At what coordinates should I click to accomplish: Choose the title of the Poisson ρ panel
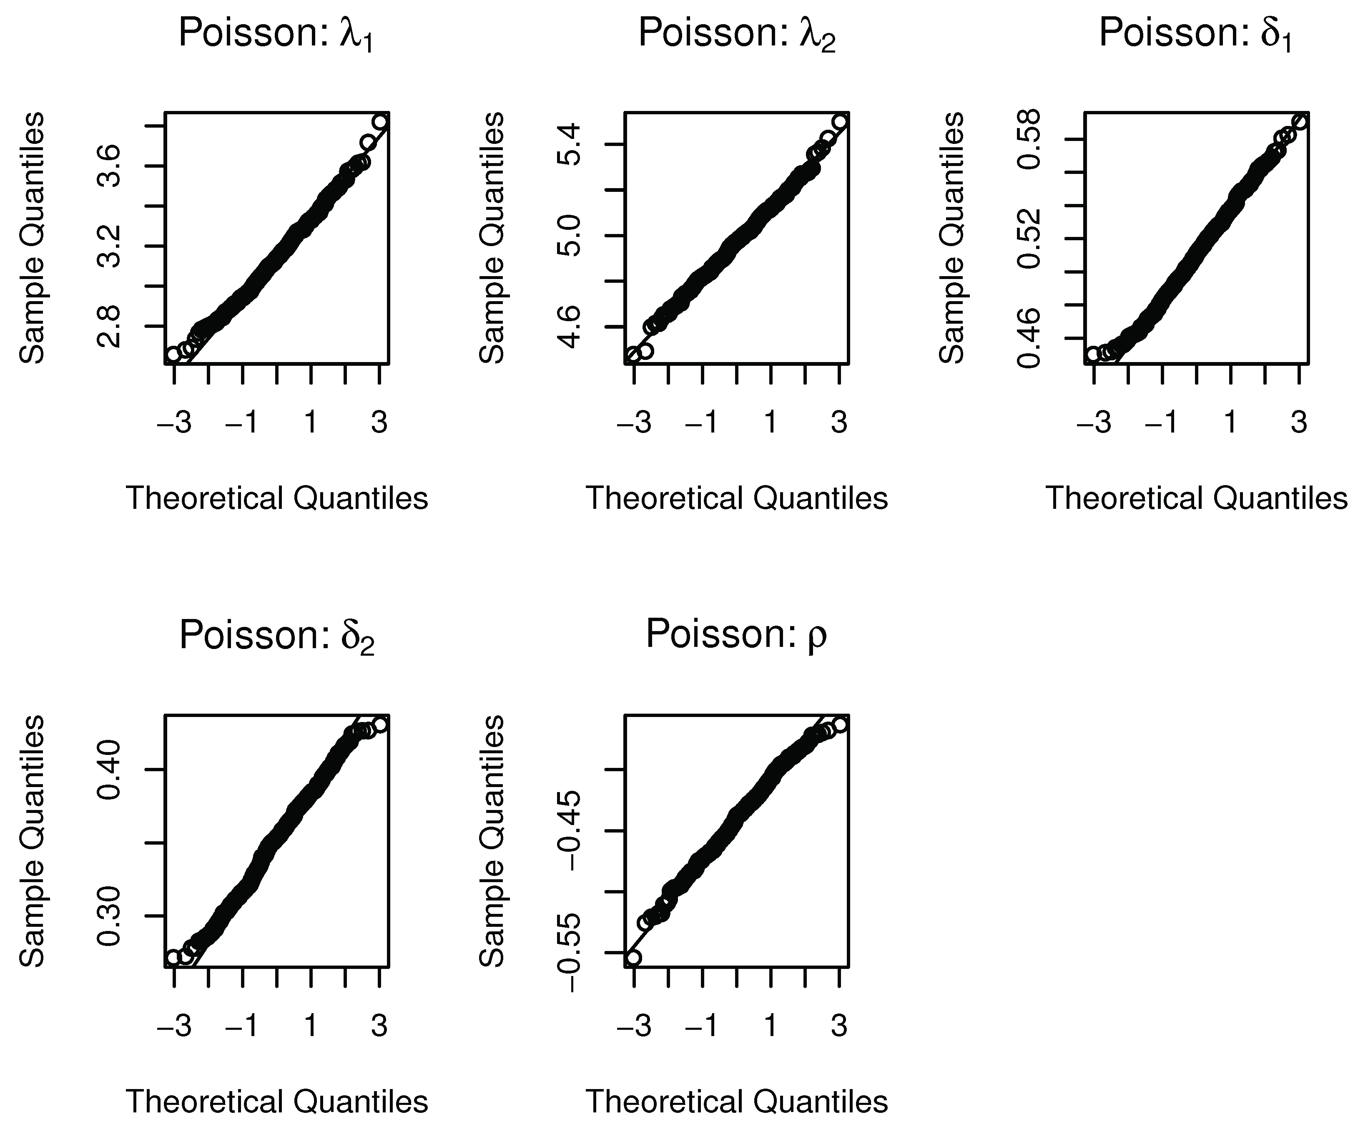point(737,634)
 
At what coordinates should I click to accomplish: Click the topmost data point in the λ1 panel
point(381,122)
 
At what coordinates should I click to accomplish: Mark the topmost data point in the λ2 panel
point(840,122)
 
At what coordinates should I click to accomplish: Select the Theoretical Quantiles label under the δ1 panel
point(1195,498)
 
